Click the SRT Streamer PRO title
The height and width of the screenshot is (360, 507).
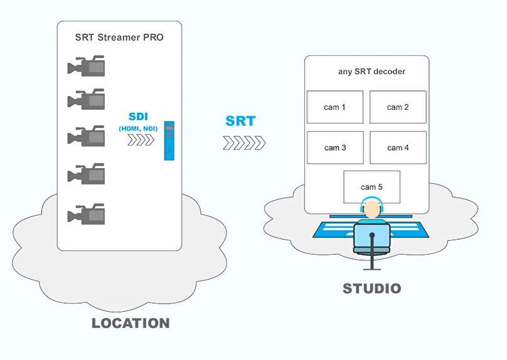point(119,37)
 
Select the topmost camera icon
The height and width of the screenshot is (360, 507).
point(87,66)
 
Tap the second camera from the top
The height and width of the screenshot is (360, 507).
point(87,99)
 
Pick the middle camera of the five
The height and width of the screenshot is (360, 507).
point(87,136)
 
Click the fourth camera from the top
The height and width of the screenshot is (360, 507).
point(87,174)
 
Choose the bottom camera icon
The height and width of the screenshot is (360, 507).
point(87,214)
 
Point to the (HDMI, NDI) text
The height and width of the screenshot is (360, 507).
point(138,129)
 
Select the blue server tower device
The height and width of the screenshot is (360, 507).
point(168,140)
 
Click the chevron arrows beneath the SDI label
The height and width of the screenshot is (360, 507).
point(140,140)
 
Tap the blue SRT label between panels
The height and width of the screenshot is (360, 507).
point(240,121)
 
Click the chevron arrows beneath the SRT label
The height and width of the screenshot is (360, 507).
point(244,143)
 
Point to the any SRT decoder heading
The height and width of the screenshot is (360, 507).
point(371,71)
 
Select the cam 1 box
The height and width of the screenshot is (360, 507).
point(335,107)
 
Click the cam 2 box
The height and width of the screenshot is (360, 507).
point(398,107)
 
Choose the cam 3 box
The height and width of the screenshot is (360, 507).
point(335,148)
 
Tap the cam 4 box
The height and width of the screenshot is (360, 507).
point(398,148)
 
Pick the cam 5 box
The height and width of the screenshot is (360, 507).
point(371,187)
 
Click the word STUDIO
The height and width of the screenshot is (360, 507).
point(371,289)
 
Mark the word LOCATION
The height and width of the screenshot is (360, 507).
point(131,324)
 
